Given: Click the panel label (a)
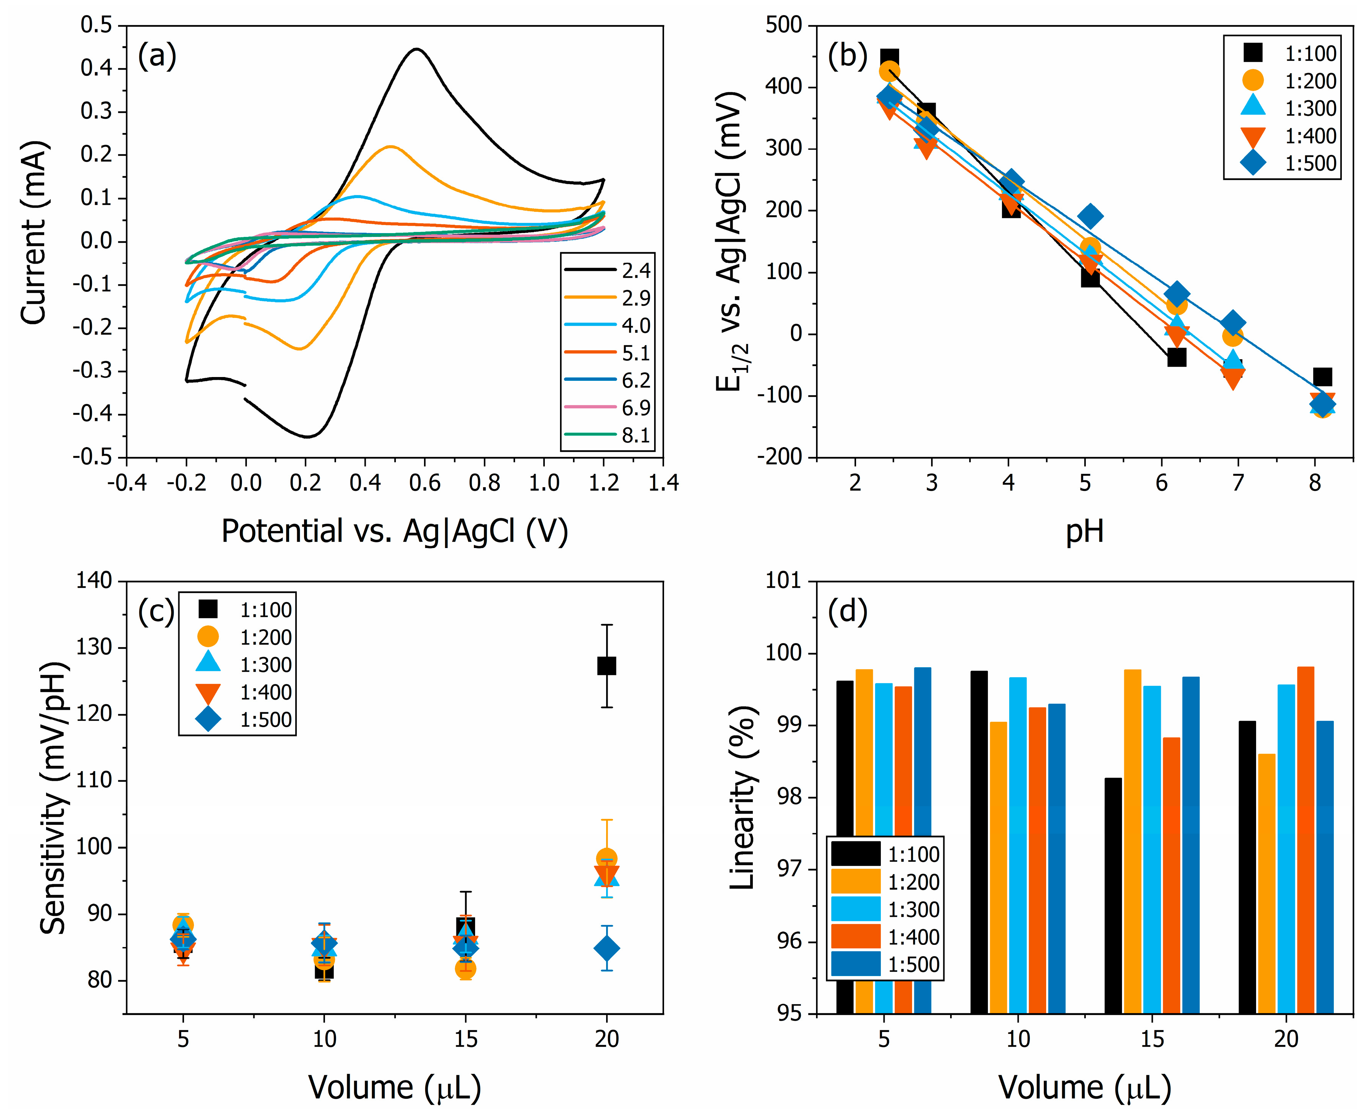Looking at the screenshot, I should [157, 57].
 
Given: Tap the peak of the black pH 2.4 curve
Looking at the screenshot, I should [417, 49].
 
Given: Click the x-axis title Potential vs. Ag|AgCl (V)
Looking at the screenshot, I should [394, 532].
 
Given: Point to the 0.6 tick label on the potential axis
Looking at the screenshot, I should [425, 483].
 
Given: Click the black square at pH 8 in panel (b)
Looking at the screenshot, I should [1322, 376].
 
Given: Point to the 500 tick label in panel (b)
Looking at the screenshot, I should [784, 26].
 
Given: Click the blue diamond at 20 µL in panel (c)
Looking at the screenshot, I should [606, 948].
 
